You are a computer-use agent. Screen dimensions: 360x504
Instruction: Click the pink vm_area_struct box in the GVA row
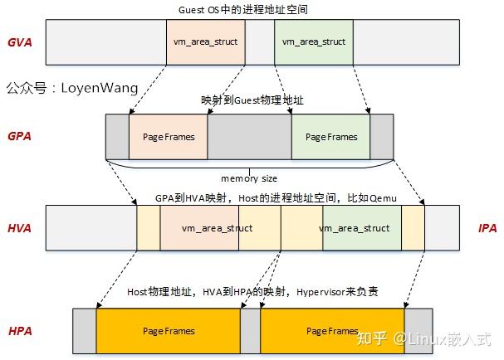pos(205,41)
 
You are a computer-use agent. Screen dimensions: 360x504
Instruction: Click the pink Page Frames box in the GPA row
pos(169,136)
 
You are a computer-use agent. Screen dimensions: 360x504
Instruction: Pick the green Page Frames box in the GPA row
pos(330,136)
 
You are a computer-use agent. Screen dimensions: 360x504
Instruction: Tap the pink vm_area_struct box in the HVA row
pos(218,227)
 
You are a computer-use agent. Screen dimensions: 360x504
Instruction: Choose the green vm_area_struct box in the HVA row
pos(355,227)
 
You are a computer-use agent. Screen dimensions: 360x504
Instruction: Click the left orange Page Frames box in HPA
pos(168,331)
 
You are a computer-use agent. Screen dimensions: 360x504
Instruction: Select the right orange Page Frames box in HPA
pos(332,331)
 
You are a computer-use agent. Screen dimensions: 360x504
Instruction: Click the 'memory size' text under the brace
pos(248,178)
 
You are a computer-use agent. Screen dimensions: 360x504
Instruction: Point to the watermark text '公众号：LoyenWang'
pos(71,87)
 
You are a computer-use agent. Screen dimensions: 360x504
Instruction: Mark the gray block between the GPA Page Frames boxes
pos(249,136)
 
